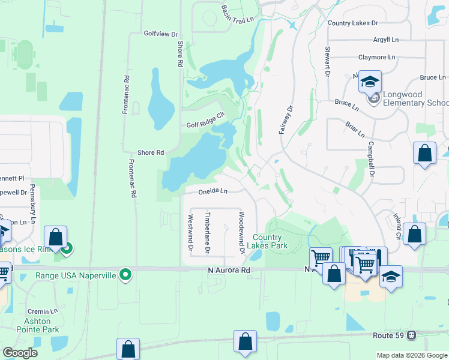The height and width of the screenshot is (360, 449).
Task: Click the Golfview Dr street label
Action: [x=161, y=34]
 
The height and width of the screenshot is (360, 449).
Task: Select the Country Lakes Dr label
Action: [x=353, y=23]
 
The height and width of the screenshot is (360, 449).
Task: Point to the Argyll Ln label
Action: [x=385, y=40]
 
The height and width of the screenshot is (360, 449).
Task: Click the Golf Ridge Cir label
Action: [x=205, y=125]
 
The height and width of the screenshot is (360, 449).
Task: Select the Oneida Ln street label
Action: [x=214, y=191]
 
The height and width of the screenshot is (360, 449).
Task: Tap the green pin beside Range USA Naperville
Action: [x=125, y=275]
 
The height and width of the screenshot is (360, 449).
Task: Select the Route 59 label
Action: [x=389, y=335]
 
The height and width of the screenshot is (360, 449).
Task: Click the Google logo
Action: [x=20, y=353]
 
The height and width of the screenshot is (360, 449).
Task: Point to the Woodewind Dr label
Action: [x=241, y=232]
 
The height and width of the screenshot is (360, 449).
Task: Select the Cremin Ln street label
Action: [x=43, y=312]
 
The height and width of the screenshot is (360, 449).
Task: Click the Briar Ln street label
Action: [x=355, y=128]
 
